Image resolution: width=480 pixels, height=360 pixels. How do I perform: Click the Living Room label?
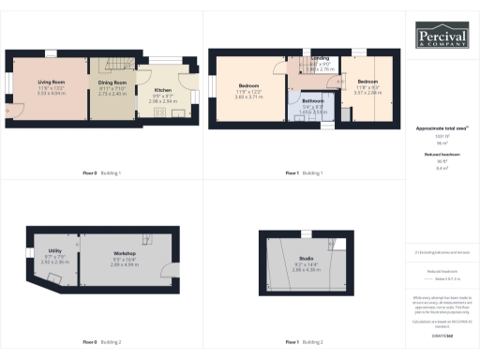pyautogui.click(x=51, y=83)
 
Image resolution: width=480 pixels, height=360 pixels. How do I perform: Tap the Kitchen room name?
pyautogui.click(x=162, y=90)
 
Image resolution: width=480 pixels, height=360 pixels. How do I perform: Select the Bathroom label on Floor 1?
pyautogui.click(x=312, y=100)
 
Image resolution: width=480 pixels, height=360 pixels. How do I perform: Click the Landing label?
pyautogui.click(x=320, y=58)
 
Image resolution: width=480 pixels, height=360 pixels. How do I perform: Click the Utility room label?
pyautogui.click(x=55, y=251)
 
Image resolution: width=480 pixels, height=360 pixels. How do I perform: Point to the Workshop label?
pyautogui.click(x=125, y=254)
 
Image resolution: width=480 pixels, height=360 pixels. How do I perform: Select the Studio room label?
pyautogui.click(x=306, y=257)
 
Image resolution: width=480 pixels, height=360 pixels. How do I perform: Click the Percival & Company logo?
pyautogui.click(x=442, y=36)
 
